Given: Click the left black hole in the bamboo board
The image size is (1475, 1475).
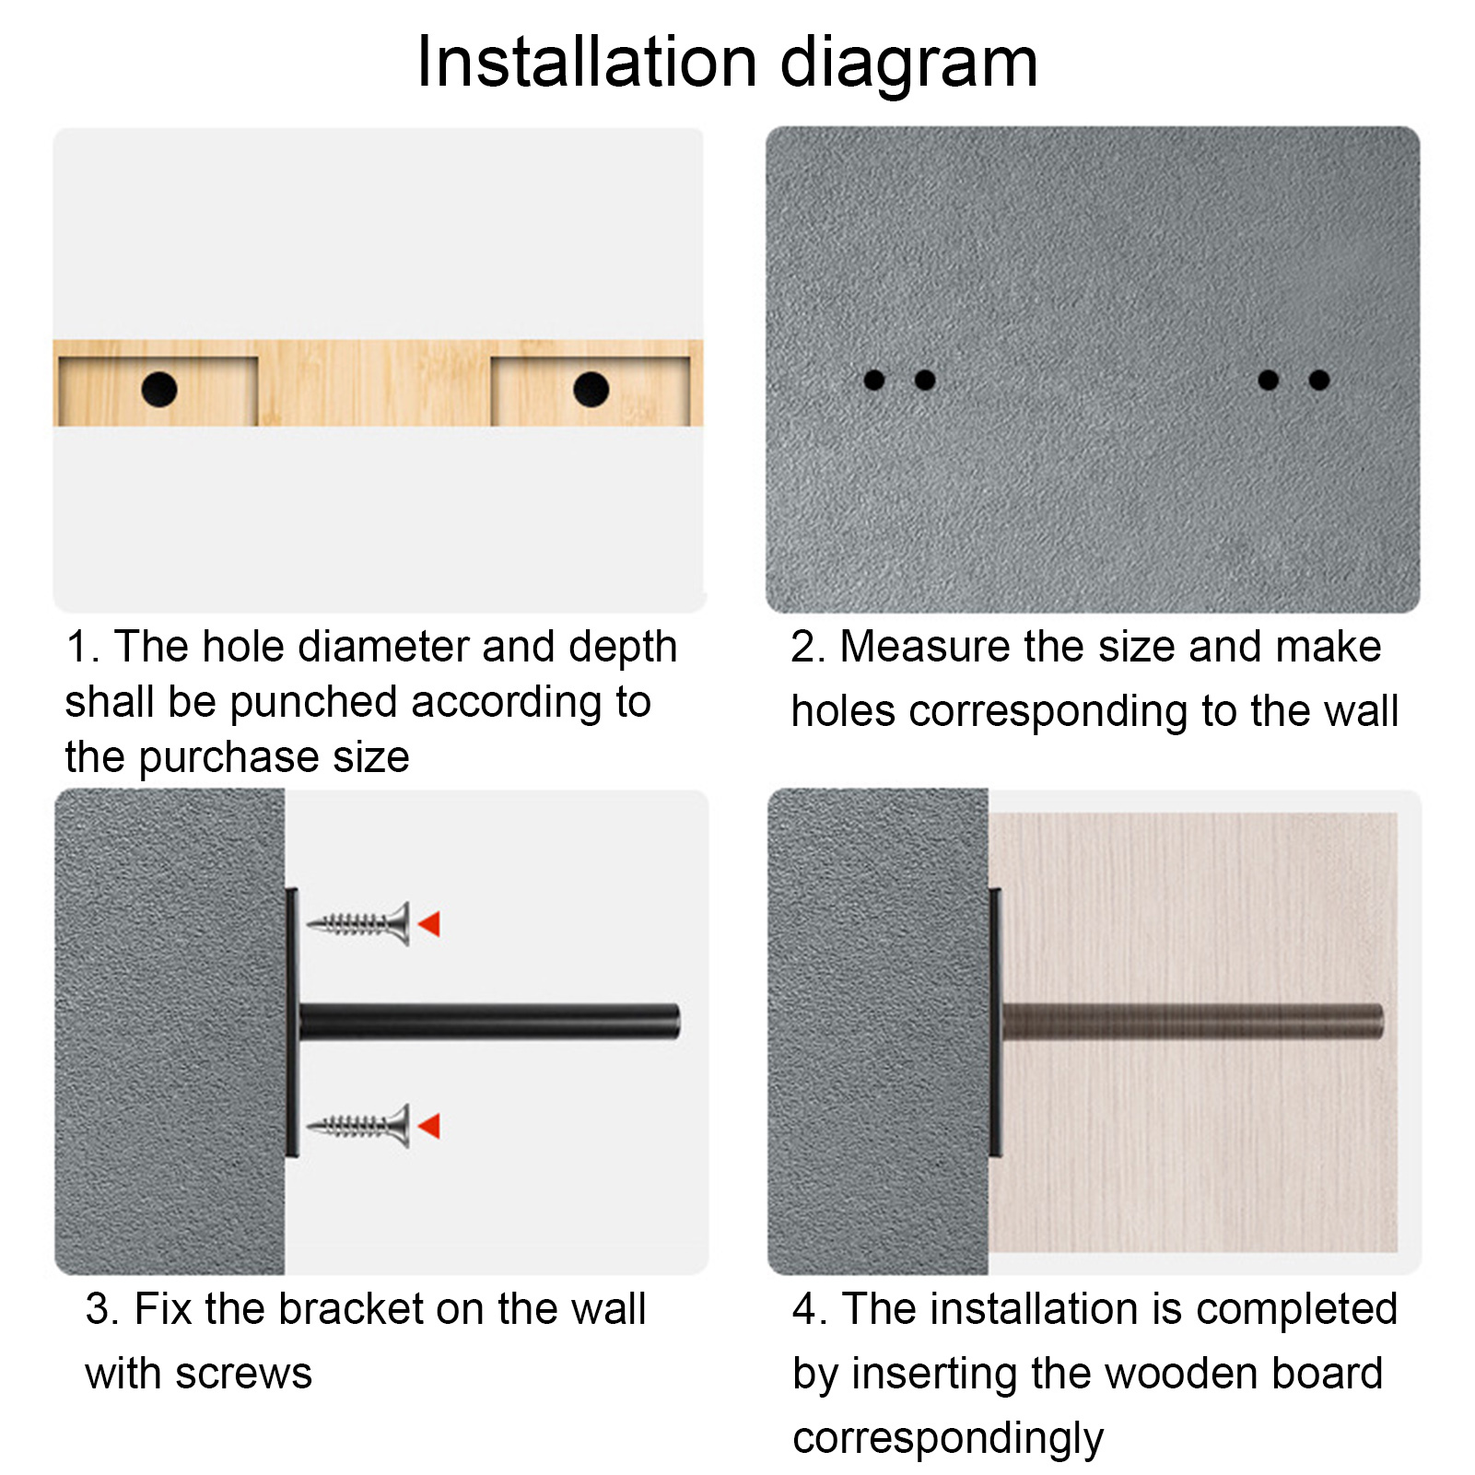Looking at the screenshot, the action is click(x=159, y=390).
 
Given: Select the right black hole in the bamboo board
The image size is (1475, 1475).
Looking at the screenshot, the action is click(x=591, y=390).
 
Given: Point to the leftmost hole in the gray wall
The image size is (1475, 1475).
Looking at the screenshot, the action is click(x=874, y=380).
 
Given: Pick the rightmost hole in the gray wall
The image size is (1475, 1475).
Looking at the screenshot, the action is click(x=1319, y=380).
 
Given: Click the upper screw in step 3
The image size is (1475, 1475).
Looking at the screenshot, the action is click(x=358, y=923).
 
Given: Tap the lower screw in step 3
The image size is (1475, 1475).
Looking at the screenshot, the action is click(x=358, y=1125).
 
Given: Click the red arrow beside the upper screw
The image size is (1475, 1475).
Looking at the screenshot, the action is click(x=429, y=924).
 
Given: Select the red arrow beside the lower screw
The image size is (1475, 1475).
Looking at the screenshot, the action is click(x=429, y=1126).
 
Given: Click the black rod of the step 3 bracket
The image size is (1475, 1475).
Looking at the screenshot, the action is click(x=489, y=1022).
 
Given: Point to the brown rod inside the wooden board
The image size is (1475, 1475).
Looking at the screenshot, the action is click(x=1192, y=1022).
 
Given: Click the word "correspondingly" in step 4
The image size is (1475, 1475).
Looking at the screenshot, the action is click(x=948, y=1439).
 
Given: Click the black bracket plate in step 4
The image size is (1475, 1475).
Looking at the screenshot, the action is click(x=995, y=1023).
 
